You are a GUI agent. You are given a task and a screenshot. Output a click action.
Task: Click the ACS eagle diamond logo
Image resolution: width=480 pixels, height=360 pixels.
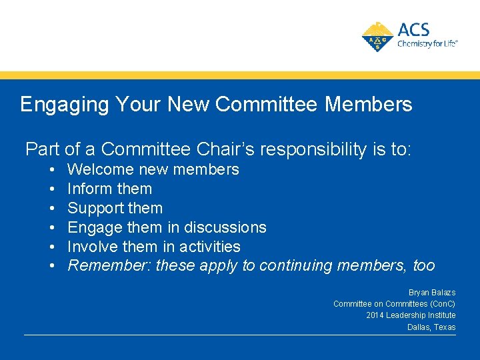coord(377,37)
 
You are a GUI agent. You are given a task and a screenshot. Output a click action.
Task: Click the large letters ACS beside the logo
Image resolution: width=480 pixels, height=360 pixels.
coord(414,29)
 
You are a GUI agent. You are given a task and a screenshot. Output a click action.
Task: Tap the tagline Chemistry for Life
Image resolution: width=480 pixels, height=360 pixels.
coord(427,44)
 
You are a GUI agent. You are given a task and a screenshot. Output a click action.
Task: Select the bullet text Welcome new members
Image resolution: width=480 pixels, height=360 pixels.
coord(153,169)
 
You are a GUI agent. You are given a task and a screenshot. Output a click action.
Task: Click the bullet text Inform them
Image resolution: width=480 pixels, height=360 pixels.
coord(110,189)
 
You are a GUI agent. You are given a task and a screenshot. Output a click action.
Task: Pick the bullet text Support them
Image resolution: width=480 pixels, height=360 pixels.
coord(115,208)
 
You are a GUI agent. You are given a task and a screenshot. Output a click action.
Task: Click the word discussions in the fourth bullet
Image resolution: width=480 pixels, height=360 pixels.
coord(225,227)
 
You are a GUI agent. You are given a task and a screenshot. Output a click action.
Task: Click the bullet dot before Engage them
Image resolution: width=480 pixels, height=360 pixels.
coord(51,227)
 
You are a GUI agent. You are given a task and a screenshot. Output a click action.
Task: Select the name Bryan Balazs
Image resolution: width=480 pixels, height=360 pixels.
coord(432,293)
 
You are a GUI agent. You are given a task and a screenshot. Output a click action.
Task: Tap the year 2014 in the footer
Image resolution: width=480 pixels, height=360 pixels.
coord(375,315)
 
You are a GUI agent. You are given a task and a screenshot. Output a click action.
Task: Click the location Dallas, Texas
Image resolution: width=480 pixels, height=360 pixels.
coord(431,327)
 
